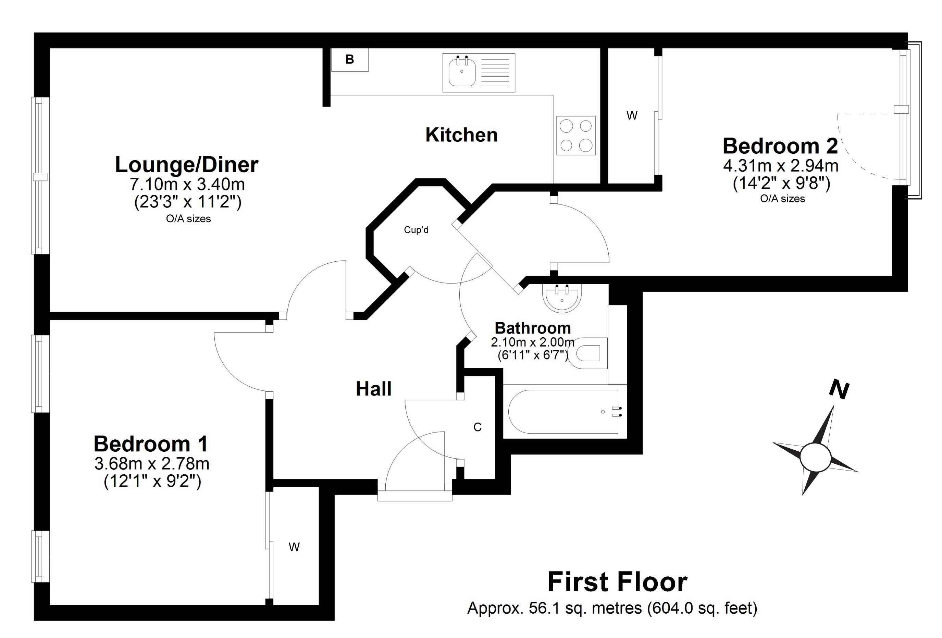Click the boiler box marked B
pyautogui.click(x=349, y=60)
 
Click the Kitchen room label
pyautogui.click(x=462, y=135)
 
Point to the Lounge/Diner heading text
pyautogui.click(x=187, y=165)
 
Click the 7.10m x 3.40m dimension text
pyautogui.click(x=187, y=185)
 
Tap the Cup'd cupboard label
pyautogui.click(x=416, y=230)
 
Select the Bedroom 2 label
pyautogui.click(x=780, y=146)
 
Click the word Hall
pyautogui.click(x=374, y=389)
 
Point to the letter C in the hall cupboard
pyautogui.click(x=478, y=427)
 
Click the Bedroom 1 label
pyautogui.click(x=151, y=444)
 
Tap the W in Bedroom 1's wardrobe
pyautogui.click(x=294, y=548)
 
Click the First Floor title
pyautogui.click(x=617, y=582)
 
